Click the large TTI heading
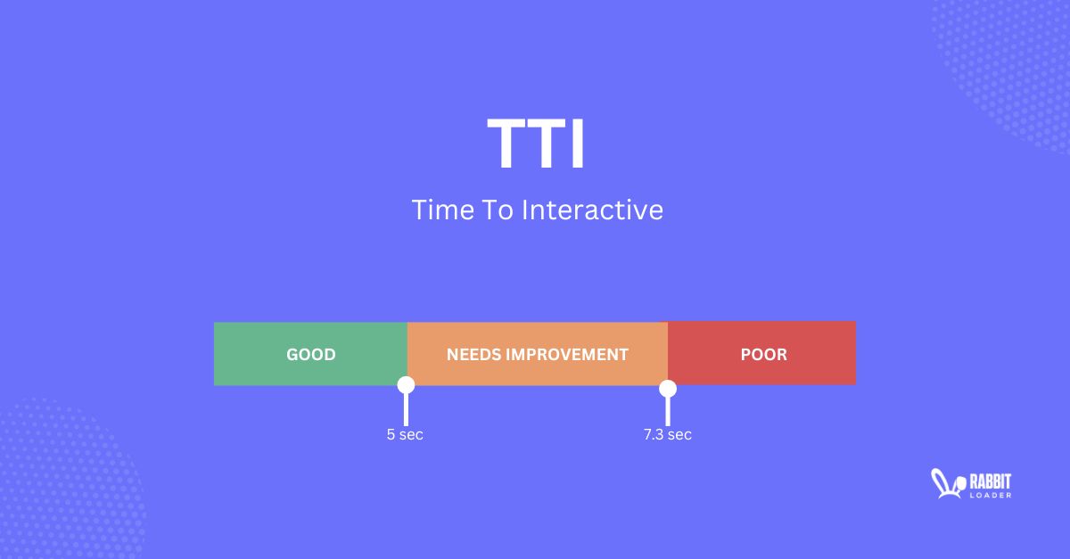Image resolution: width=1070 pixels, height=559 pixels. pyautogui.click(x=536, y=145)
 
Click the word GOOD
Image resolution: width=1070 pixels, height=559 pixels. pyautogui.click(x=310, y=355)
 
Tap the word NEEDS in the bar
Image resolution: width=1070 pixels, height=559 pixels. pyautogui.click(x=473, y=355)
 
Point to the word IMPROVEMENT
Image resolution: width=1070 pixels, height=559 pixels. pyautogui.click(x=567, y=355)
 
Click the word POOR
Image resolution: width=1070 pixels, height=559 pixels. pyautogui.click(x=763, y=355)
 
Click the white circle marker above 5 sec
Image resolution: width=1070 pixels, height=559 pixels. pyautogui.click(x=406, y=385)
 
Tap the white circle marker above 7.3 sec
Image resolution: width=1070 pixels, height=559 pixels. pyautogui.click(x=667, y=388)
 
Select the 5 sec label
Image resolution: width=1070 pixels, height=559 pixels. pyautogui.click(x=405, y=435)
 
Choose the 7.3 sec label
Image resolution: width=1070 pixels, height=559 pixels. pyautogui.click(x=667, y=435)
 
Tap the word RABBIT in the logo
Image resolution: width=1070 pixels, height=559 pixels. pyautogui.click(x=989, y=480)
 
